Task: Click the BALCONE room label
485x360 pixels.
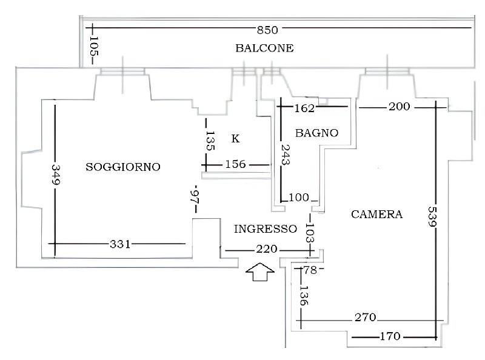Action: (x=264, y=48)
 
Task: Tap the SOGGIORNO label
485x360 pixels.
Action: (x=123, y=167)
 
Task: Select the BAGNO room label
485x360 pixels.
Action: (x=316, y=133)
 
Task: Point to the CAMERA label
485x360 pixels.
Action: (x=376, y=215)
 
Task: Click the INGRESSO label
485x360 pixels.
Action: (x=266, y=229)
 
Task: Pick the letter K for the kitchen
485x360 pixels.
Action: (x=235, y=139)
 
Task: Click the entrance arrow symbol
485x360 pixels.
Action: (x=260, y=272)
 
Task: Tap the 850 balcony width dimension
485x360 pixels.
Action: (x=267, y=30)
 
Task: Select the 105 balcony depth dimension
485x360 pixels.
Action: (x=93, y=47)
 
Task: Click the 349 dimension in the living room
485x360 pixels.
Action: (x=56, y=175)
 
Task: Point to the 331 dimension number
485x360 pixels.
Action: (x=120, y=244)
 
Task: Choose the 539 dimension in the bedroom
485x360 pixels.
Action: (x=432, y=216)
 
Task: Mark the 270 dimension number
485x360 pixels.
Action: (x=366, y=318)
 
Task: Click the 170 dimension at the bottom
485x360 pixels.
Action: (x=390, y=336)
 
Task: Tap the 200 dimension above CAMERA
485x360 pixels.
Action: (x=400, y=107)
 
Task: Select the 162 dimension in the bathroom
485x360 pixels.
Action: (x=305, y=108)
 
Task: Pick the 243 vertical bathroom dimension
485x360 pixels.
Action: (x=285, y=155)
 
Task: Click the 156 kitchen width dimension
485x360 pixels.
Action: (x=235, y=164)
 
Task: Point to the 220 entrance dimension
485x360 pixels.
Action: (x=267, y=249)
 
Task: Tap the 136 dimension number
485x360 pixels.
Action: (x=304, y=296)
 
